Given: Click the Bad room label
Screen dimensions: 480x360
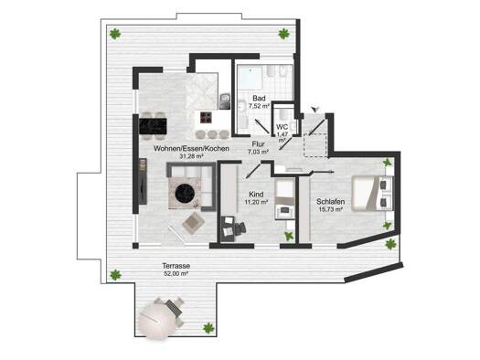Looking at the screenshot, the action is tap(259, 98).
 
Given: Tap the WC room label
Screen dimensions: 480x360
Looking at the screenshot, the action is tap(282, 127).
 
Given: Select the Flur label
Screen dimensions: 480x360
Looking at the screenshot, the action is tap(259, 144).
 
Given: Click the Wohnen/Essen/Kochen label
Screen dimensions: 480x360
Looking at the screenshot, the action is tap(191, 149).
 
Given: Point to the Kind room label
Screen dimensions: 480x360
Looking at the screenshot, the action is tap(256, 195).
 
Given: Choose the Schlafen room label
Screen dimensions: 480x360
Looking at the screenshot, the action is tap(331, 202).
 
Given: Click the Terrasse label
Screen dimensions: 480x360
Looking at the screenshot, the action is tap(176, 266).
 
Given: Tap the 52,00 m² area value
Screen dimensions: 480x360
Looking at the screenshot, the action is tap(176, 274).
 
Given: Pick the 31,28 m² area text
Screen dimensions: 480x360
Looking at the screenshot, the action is tap(191, 156).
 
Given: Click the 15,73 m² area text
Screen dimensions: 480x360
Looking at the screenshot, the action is tap(331, 209).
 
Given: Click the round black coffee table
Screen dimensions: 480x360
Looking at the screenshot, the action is tap(186, 193).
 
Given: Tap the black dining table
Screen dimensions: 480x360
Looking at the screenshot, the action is tap(153, 126).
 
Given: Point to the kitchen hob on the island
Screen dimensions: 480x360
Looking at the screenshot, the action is tap(207, 118).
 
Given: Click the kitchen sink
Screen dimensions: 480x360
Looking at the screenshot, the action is tap(225, 101).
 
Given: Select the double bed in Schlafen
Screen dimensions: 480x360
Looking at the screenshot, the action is tap(372, 194).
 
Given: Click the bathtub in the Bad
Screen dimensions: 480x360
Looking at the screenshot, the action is tap(251, 78).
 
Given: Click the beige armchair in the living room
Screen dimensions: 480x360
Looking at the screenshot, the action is tap(193, 223).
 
